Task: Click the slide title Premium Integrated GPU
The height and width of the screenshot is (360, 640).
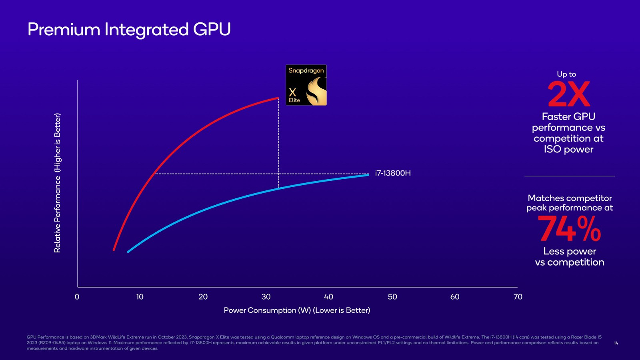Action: [x=129, y=30]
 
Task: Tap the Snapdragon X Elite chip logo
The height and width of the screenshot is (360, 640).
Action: [x=306, y=85]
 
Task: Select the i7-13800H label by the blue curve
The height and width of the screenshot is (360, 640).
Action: [x=393, y=173]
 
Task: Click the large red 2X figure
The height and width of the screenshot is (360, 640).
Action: [x=568, y=94]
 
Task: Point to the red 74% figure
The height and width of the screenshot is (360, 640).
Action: [x=569, y=229]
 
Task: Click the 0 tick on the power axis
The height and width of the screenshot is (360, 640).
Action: [x=77, y=297]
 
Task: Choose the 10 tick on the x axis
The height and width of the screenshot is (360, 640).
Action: [x=140, y=297]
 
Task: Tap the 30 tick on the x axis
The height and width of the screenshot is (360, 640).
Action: [x=266, y=297]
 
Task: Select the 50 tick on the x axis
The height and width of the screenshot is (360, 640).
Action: [x=392, y=297]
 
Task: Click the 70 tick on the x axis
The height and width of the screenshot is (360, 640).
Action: [x=518, y=297]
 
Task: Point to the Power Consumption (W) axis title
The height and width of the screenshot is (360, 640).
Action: [x=297, y=310]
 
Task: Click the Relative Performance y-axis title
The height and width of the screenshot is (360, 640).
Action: [x=58, y=183]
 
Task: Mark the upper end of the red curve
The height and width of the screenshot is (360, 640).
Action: [x=278, y=98]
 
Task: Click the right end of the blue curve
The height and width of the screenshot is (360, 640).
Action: [x=368, y=175]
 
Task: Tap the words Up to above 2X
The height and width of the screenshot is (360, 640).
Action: [x=566, y=74]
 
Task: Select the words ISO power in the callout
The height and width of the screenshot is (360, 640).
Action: [x=568, y=150]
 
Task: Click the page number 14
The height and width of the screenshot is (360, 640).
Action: [x=616, y=343]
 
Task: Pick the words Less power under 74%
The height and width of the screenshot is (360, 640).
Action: [x=570, y=251]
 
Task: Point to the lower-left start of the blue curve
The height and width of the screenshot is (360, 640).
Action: [x=128, y=252]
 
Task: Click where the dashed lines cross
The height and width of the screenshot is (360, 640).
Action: [x=279, y=174]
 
